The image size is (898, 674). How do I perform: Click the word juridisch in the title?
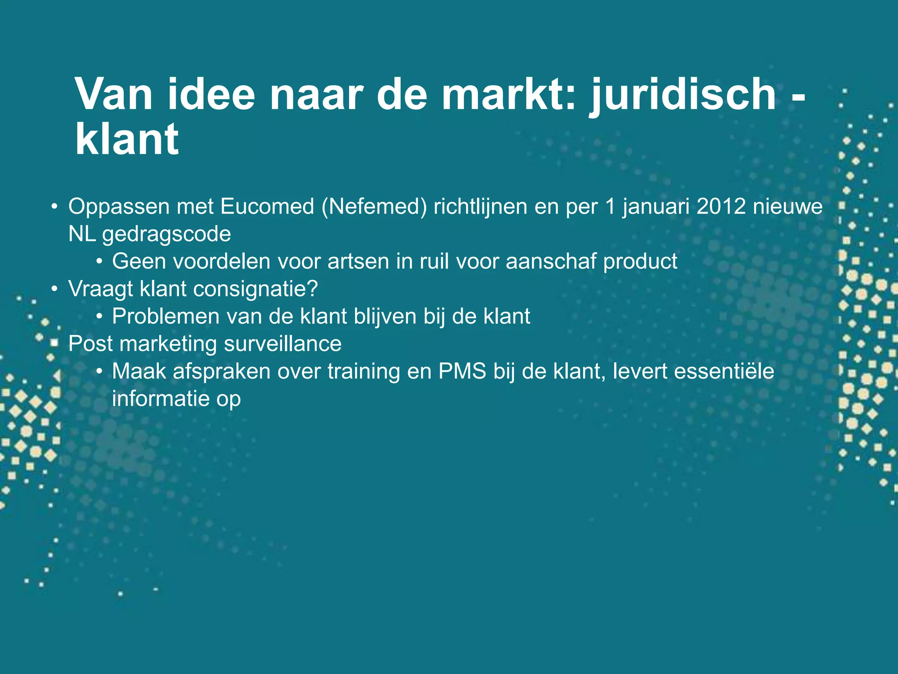pos(683,94)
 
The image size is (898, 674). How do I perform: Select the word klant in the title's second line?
pos(127,140)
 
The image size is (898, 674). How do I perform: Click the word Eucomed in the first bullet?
pos(267,206)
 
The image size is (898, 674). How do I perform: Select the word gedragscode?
pos(167,234)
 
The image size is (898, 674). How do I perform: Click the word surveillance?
pos(282,344)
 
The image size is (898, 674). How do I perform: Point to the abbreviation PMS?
pos(462,371)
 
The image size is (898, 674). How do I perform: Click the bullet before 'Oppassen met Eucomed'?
pos(54,207)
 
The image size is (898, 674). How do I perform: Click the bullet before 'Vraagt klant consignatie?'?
pos(54,289)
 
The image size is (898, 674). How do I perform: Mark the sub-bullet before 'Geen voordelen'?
pos(100,262)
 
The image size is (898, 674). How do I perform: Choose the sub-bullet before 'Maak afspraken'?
pos(100,372)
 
